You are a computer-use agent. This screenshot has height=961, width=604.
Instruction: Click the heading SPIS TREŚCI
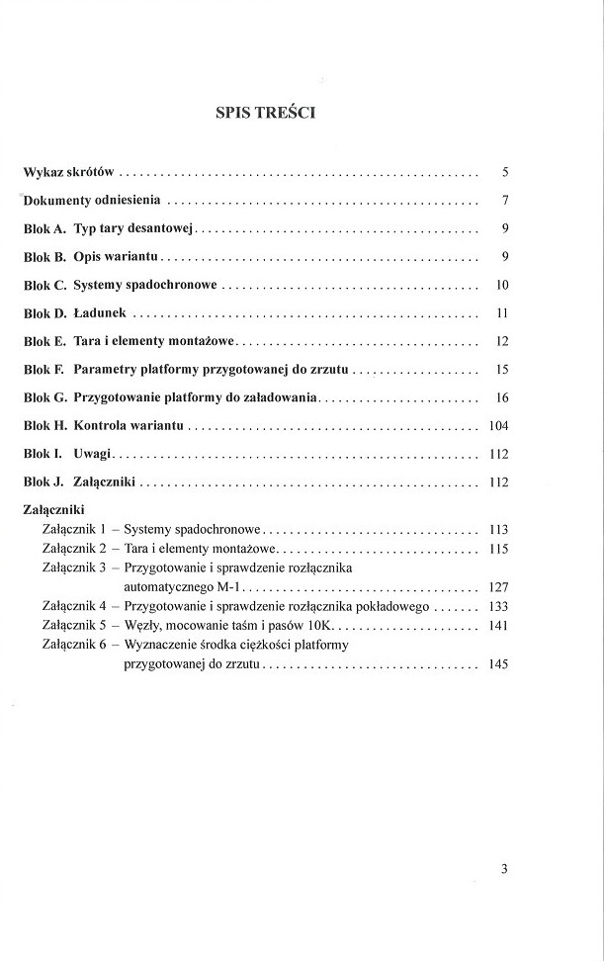point(266,112)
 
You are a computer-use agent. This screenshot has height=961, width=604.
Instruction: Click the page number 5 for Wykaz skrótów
point(504,172)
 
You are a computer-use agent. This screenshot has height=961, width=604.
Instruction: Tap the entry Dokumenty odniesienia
point(93,201)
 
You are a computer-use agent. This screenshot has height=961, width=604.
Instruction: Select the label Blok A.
point(44,229)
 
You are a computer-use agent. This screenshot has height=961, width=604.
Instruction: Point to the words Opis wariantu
point(117,257)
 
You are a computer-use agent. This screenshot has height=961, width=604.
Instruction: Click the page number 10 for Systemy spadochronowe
point(501,286)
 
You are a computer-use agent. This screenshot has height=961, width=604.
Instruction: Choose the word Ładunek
point(100,313)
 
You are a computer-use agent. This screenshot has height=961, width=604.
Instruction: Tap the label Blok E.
point(44,342)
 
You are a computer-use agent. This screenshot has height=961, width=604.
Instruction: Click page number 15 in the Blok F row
point(501,370)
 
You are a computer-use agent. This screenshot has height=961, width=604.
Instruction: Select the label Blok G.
point(44,397)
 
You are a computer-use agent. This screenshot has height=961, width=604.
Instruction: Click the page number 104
point(497,426)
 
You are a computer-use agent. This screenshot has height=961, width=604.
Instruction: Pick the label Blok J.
point(43,482)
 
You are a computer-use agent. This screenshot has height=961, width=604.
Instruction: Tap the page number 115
point(497,549)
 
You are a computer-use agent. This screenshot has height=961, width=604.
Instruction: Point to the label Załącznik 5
point(74,626)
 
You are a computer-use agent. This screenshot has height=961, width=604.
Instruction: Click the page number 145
point(497,664)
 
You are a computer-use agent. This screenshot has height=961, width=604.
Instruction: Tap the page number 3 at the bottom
point(503,870)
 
